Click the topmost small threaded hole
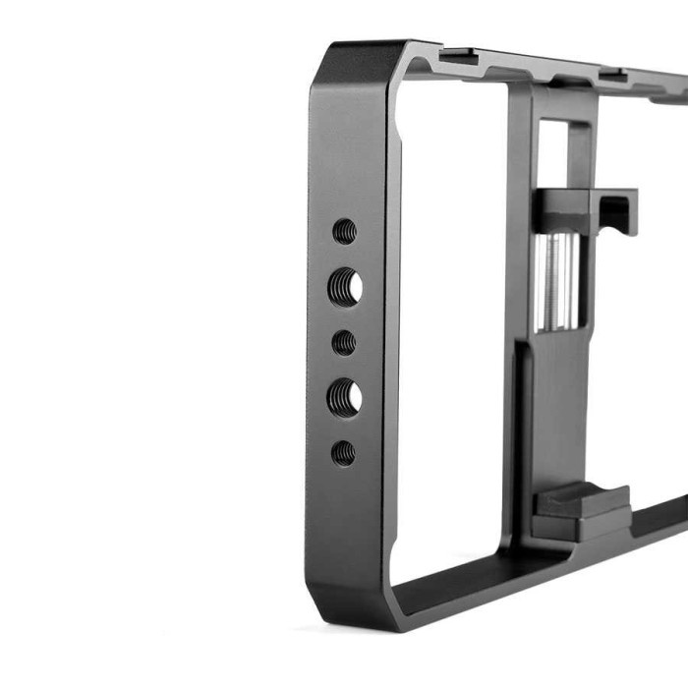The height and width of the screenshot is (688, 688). coord(344,231)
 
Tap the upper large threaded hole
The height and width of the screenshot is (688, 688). coord(344,286)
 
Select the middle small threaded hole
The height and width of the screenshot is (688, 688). coord(343,342)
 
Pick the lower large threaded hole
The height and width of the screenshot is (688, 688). coord(344,397)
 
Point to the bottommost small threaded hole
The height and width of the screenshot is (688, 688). coord(343,453)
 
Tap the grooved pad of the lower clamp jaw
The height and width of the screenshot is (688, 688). coord(581,501)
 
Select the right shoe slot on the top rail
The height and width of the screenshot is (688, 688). coord(610,72)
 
